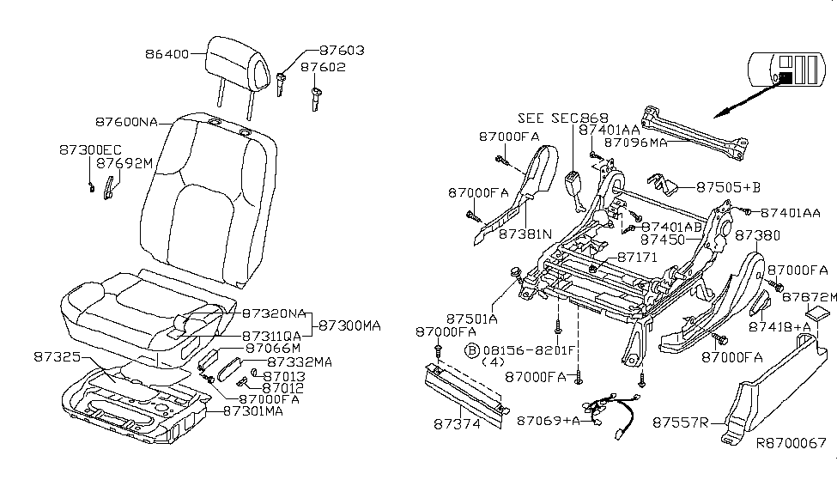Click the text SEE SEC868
[562, 118]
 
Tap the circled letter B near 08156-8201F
[471, 350]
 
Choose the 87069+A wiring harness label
[549, 421]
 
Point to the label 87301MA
[252, 410]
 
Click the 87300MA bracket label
[349, 326]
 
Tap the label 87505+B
[729, 186]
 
